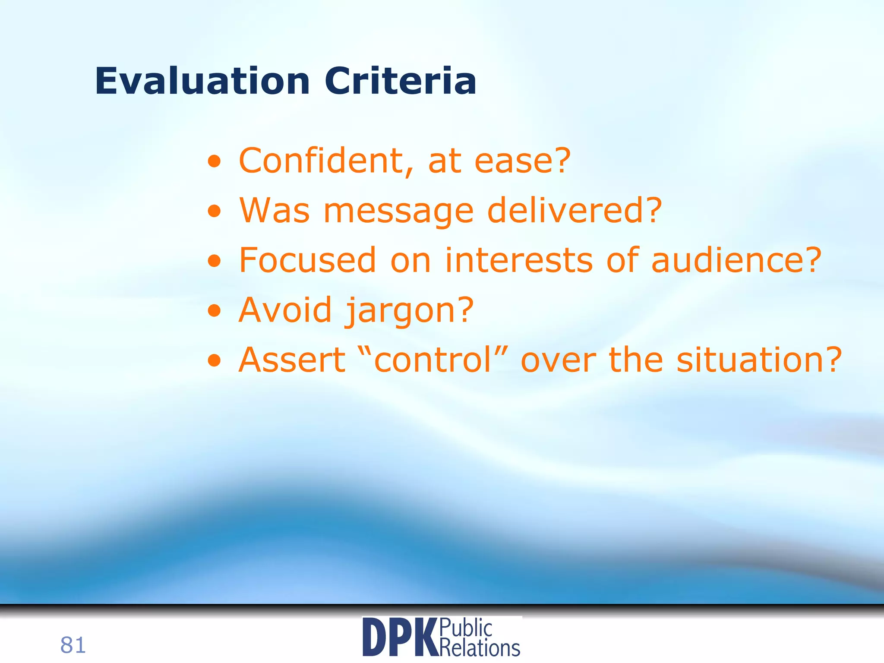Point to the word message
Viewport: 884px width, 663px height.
pyautogui.click(x=399, y=212)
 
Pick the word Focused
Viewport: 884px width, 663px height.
pyautogui.click(x=308, y=260)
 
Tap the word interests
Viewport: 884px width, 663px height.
pyautogui.click(x=519, y=260)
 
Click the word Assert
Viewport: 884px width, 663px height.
pyautogui.click(x=292, y=360)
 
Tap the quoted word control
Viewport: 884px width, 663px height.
pyautogui.click(x=433, y=360)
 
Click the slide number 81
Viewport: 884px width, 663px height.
pyautogui.click(x=73, y=645)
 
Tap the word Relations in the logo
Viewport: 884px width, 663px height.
pyautogui.click(x=480, y=647)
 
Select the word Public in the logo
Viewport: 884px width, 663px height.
pyautogui.click(x=466, y=628)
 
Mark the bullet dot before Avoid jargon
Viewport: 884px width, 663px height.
pyautogui.click(x=214, y=311)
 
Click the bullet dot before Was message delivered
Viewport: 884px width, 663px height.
pyautogui.click(x=214, y=212)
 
